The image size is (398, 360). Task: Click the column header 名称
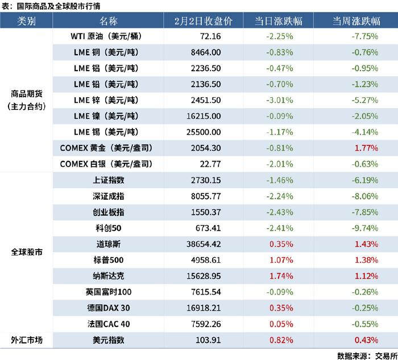point(108,22)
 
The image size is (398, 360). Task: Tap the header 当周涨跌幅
point(356,22)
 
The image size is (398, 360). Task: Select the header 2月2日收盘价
point(203,22)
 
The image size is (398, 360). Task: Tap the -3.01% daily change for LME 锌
point(279,100)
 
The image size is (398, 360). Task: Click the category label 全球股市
point(26,251)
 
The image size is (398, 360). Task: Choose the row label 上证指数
point(109,180)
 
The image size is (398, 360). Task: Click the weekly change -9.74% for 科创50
point(365,228)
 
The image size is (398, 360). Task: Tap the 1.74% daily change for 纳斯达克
point(281,276)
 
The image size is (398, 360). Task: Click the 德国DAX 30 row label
point(108,308)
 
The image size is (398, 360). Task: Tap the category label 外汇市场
point(26,340)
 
